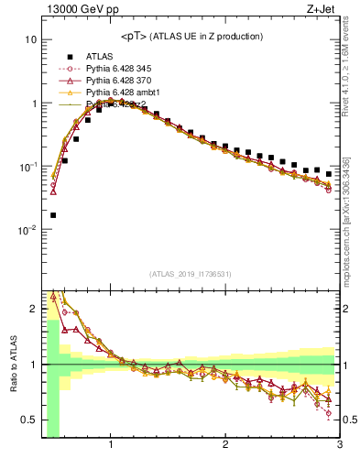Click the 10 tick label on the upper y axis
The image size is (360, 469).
click(29, 40)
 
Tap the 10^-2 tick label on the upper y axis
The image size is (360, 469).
click(26, 230)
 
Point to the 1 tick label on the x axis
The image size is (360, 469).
click(111, 446)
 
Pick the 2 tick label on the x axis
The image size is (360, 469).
click(225, 446)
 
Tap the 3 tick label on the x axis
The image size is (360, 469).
click(339, 446)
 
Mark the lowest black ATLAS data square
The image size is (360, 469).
click(53, 215)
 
